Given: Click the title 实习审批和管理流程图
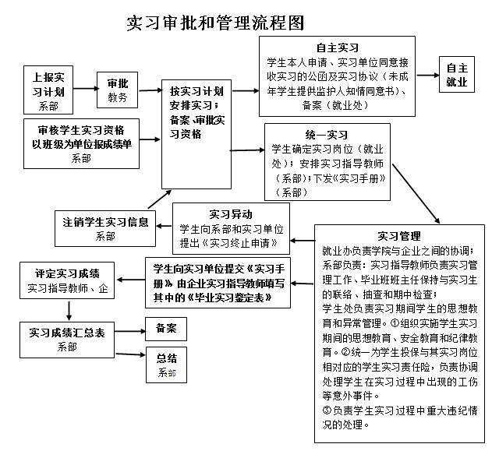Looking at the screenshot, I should (214, 23).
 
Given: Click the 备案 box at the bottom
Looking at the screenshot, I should (166, 328).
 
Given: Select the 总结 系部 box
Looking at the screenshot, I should (166, 364).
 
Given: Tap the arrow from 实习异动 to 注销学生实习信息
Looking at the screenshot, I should (163, 226).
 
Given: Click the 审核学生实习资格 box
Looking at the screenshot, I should (81, 142).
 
